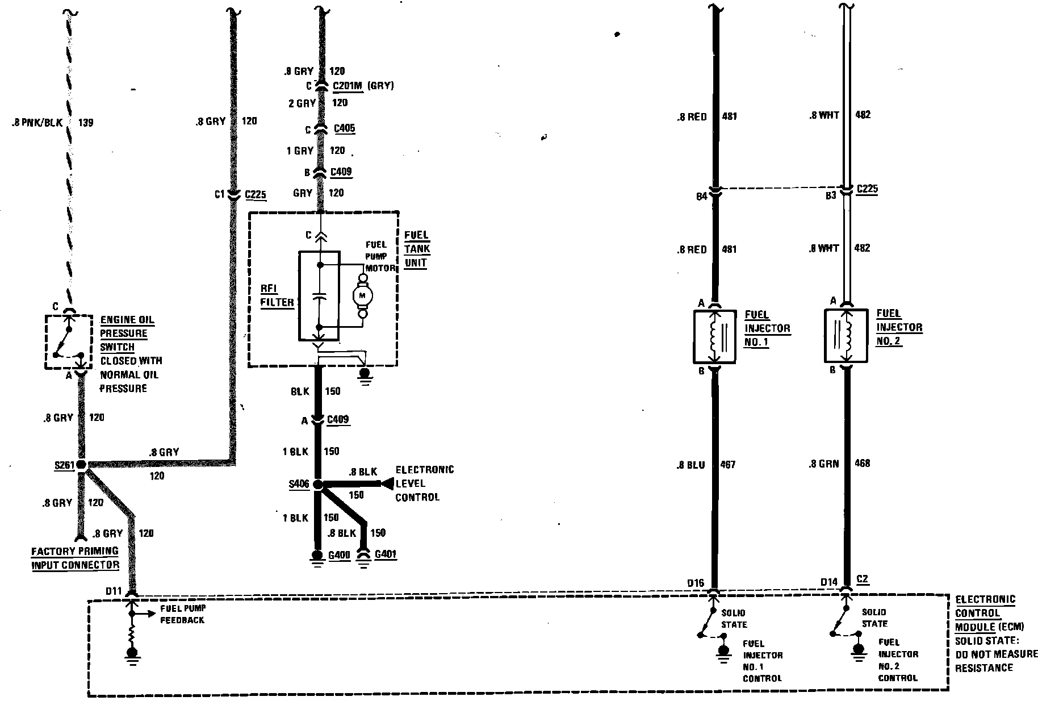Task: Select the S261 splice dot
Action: coord(81,465)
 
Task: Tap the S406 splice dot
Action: coord(318,485)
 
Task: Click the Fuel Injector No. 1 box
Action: coord(714,336)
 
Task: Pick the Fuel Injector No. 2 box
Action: coord(846,335)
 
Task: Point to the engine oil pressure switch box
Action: coord(68,342)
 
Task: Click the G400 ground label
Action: coord(340,554)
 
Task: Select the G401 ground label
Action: coord(386,553)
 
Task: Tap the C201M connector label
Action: coord(348,86)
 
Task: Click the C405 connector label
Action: coord(345,128)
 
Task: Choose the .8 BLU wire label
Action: coord(691,465)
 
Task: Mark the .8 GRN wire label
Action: coord(824,464)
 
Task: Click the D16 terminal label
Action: coord(696,583)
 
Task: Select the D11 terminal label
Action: coord(114,592)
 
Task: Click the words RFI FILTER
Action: coord(278,295)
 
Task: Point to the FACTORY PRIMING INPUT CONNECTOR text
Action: coord(75,558)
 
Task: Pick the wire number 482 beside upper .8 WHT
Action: coord(862,115)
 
